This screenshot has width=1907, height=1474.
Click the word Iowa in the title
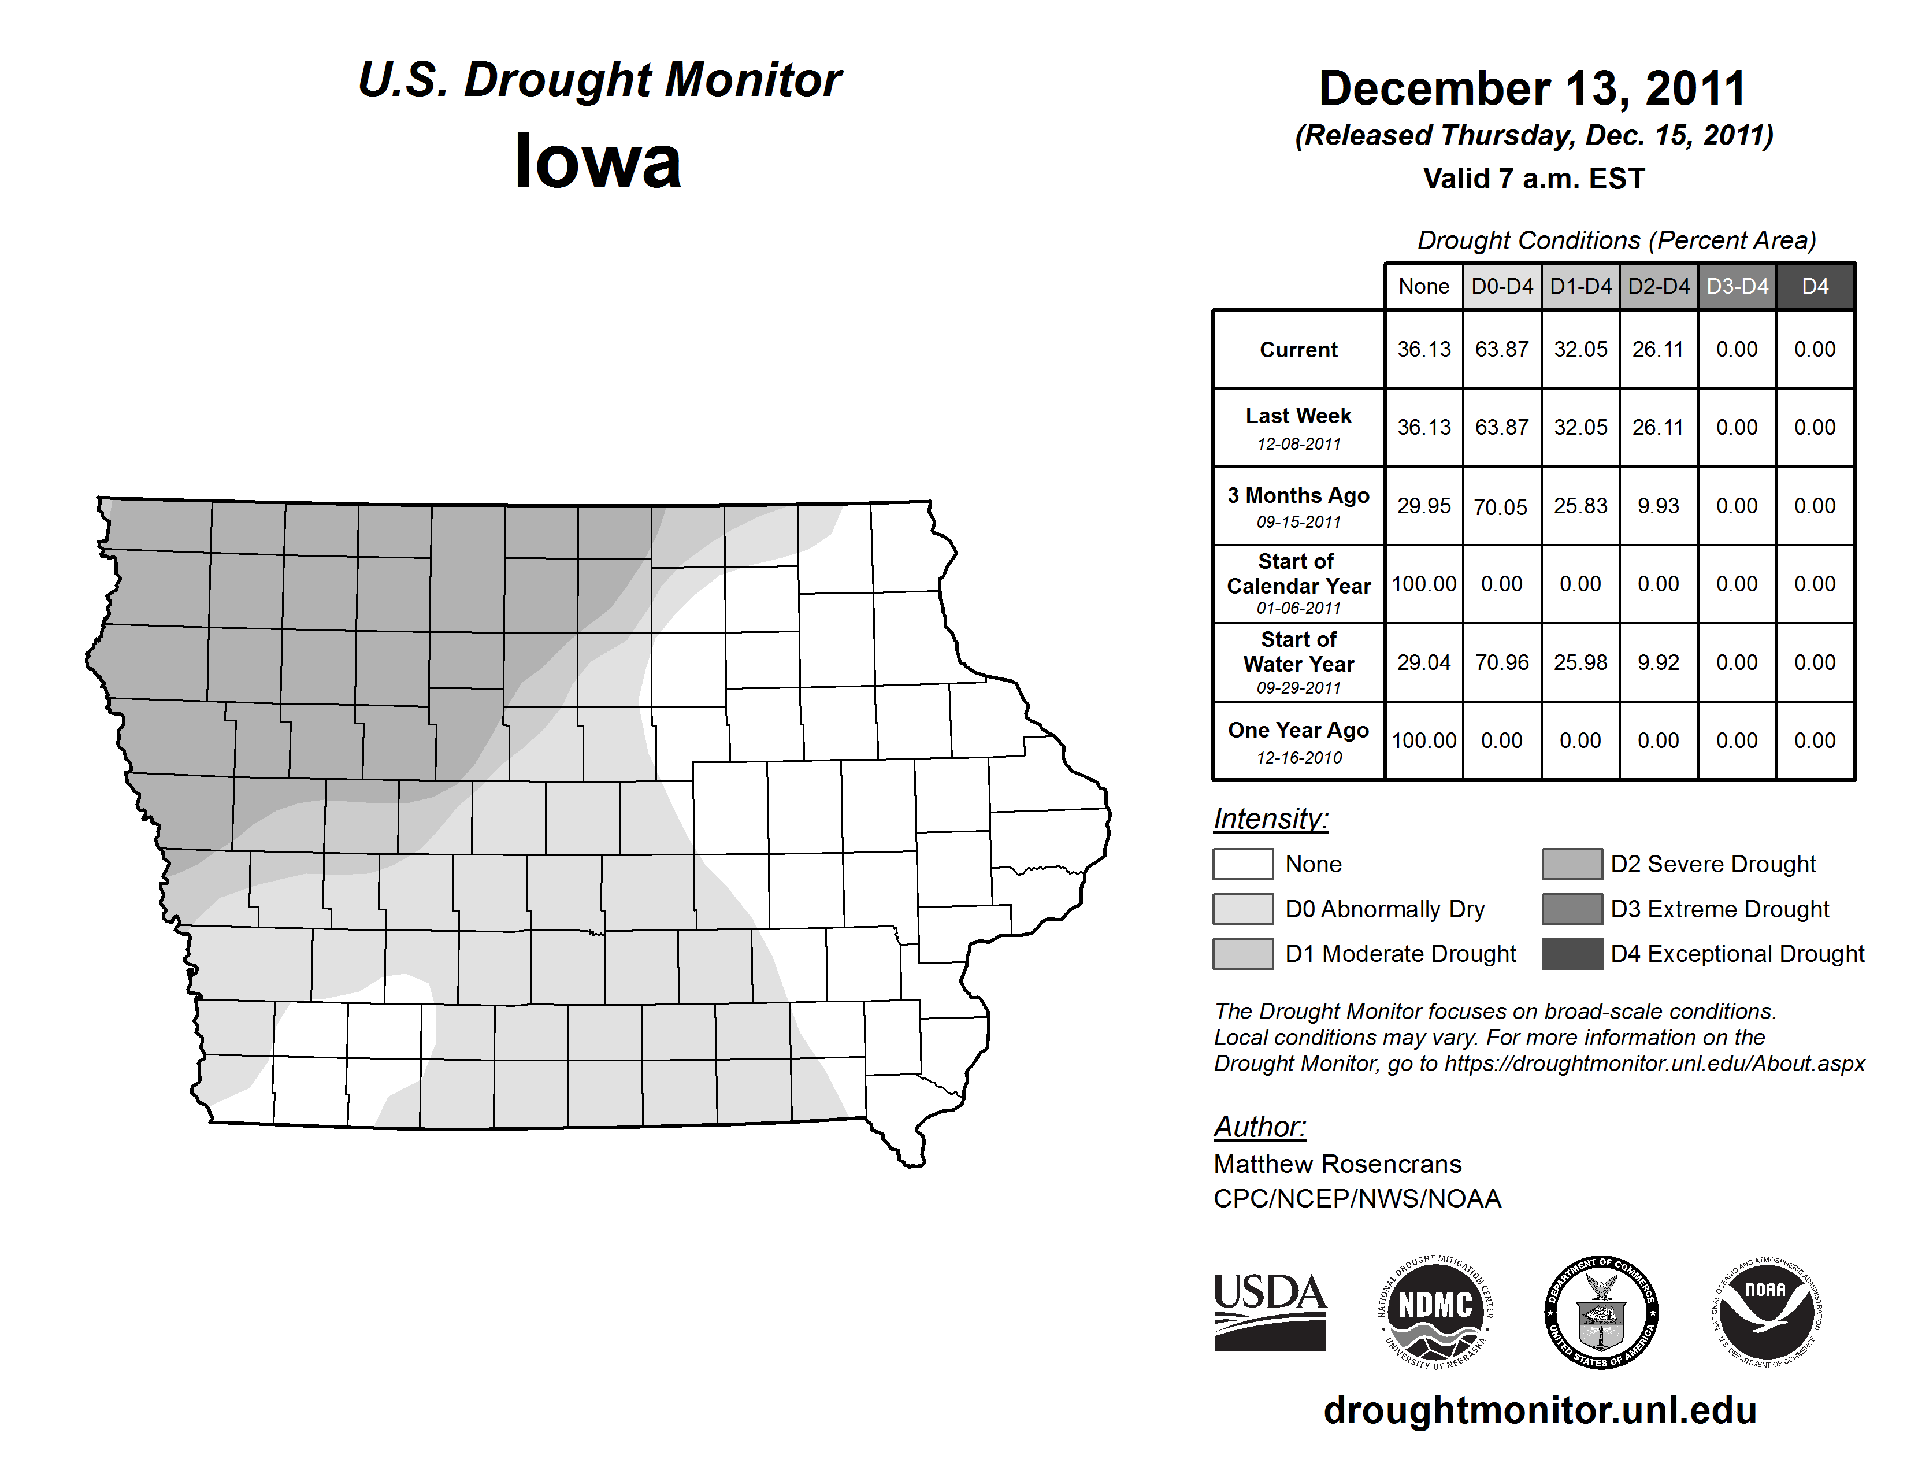coord(598,161)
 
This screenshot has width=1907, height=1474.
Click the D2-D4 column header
coord(1658,286)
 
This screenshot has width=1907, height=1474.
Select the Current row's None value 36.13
coord(1423,349)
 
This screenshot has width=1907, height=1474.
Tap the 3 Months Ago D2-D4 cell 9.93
coord(1658,506)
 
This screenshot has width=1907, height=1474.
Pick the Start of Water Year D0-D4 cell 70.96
coord(1502,663)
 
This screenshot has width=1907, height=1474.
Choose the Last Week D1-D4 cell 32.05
coord(1580,427)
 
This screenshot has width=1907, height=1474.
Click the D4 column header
coord(1815,286)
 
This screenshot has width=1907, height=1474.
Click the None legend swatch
coord(1242,864)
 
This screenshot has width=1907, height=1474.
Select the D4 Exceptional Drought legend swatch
coord(1572,954)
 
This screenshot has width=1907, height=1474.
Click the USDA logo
coord(1270,1312)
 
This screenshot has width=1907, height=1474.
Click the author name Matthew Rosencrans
coord(1337,1164)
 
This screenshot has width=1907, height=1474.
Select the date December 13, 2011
coord(1533,88)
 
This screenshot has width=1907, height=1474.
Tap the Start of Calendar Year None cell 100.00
coord(1423,583)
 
